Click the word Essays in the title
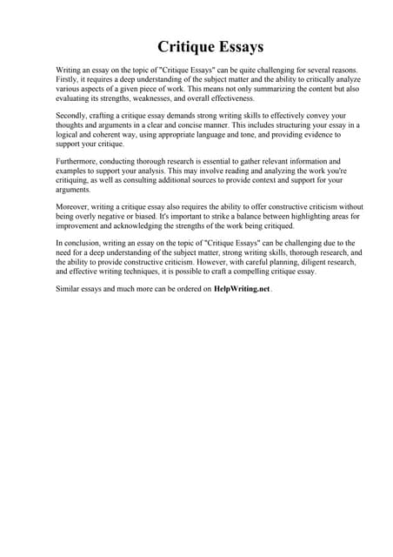[x=238, y=45]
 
